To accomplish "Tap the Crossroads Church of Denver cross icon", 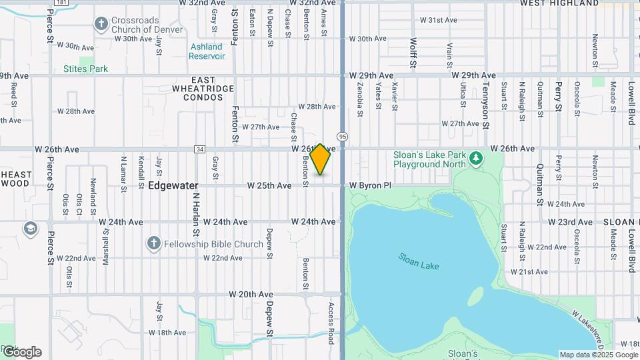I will pyautogui.click(x=101, y=25).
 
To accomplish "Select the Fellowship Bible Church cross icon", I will pyautogui.click(x=153, y=243).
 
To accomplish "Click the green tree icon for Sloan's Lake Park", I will pyautogui.click(x=475, y=159).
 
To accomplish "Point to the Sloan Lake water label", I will pyautogui.click(x=419, y=261).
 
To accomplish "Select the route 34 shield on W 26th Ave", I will pyautogui.click(x=199, y=149).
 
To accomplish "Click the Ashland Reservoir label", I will pyautogui.click(x=207, y=51).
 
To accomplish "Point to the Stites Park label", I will pyautogui.click(x=85, y=69).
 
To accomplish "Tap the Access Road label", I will pyautogui.click(x=330, y=323).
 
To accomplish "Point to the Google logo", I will pyautogui.click(x=21, y=352).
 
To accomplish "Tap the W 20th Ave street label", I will pyautogui.click(x=251, y=294).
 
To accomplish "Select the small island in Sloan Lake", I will pyautogui.click(x=476, y=295).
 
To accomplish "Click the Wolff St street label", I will pyautogui.click(x=413, y=53).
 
